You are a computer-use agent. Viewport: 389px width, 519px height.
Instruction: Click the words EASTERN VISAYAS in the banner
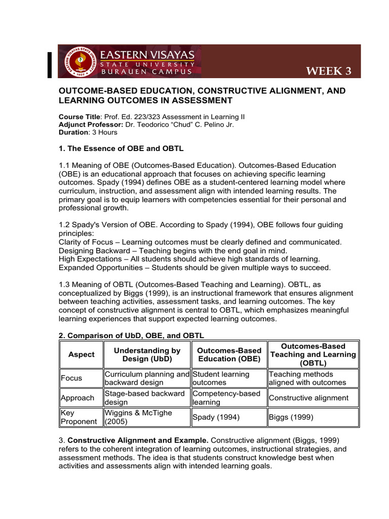point(147,54)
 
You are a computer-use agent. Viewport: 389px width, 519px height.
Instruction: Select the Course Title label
point(80,117)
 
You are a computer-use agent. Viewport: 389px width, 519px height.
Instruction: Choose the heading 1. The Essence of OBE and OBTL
point(121,149)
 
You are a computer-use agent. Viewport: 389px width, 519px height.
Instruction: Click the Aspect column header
point(81,354)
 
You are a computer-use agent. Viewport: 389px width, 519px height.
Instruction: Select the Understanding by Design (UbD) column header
point(147,354)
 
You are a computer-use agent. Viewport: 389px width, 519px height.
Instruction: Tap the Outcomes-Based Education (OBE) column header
point(229,354)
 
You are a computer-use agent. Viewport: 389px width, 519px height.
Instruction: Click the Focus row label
point(71,378)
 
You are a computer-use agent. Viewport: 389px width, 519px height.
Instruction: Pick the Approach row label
point(77,398)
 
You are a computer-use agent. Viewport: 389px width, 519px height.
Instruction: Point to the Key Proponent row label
point(78,417)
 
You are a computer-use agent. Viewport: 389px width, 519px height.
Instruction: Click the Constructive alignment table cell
point(308,398)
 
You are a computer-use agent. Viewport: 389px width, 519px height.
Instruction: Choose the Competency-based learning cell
point(226,398)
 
